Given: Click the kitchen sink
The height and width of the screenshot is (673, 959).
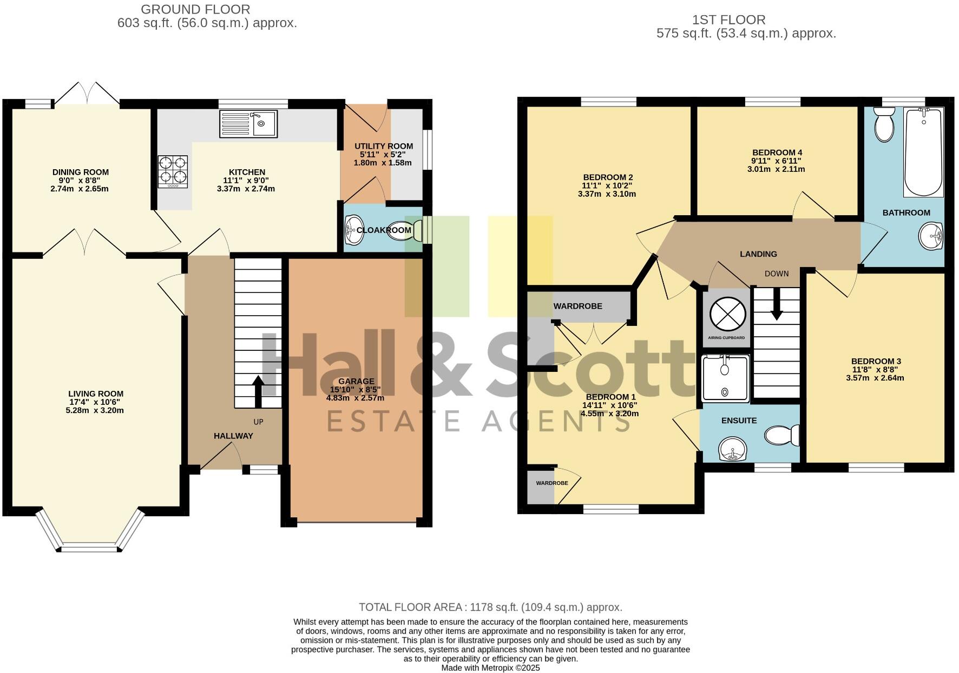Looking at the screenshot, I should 248,123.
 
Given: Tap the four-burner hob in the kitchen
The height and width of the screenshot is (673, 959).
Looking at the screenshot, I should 173,171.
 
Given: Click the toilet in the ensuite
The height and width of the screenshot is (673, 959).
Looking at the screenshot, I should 783,435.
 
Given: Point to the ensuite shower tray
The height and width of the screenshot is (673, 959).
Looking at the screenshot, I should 725,378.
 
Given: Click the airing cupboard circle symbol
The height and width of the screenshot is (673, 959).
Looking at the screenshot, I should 727,314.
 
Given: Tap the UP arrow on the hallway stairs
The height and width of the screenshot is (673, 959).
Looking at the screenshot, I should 258,391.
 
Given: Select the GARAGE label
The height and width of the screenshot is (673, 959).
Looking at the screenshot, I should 356,381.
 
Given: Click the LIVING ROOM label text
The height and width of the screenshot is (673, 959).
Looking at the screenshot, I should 96,394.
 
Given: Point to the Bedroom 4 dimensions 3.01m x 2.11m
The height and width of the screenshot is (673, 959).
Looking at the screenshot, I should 777,169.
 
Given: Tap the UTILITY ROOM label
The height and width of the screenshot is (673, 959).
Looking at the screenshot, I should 384,146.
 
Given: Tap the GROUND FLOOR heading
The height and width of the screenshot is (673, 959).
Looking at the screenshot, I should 195,9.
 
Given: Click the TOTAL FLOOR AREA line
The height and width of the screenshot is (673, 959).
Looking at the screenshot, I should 490,607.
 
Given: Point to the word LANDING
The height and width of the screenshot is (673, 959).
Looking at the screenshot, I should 758,254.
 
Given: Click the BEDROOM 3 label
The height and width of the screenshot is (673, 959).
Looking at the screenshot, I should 876,361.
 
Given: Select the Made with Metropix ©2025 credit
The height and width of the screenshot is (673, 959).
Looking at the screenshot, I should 490,668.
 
